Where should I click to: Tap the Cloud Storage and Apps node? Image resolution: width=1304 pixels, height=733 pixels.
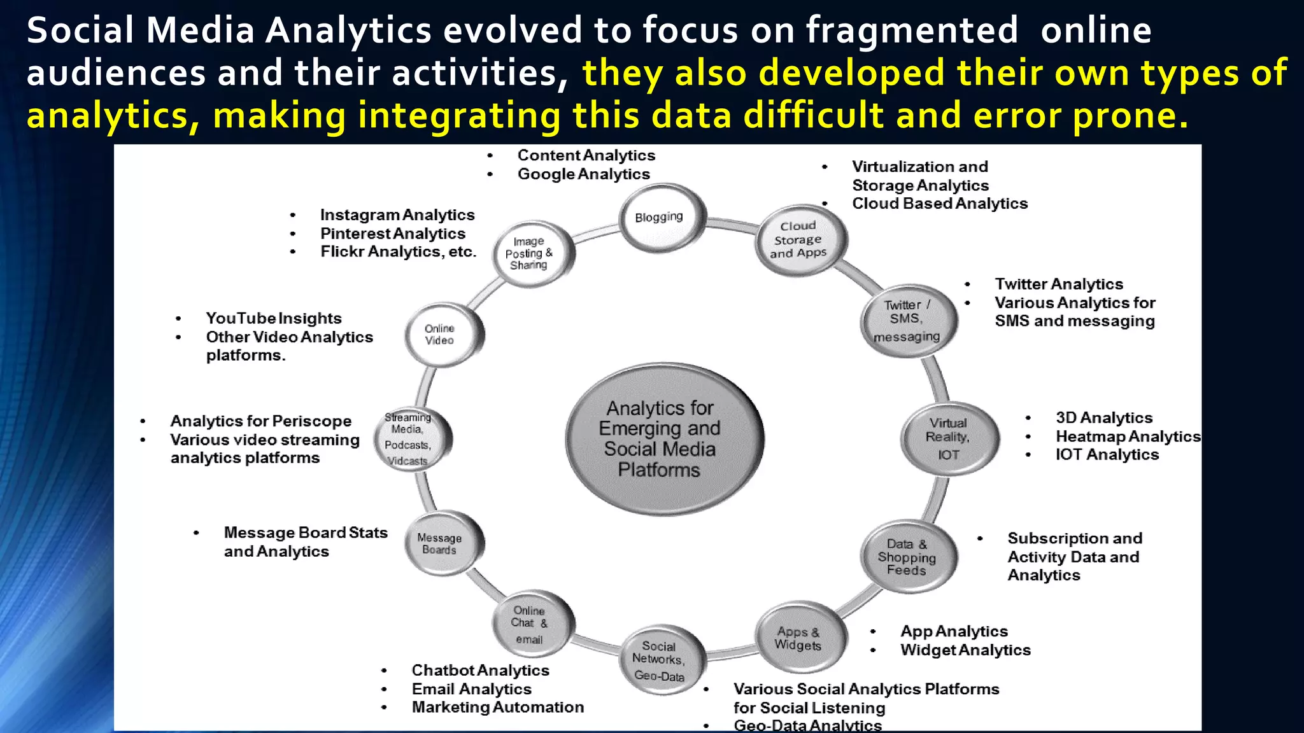[x=799, y=240]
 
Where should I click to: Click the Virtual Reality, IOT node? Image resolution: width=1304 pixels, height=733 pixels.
[x=948, y=438]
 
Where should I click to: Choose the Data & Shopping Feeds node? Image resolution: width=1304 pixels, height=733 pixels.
[x=907, y=557]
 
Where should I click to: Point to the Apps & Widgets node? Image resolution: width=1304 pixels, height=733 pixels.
[x=799, y=638]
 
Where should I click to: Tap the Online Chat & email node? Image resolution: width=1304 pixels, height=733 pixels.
[x=530, y=624]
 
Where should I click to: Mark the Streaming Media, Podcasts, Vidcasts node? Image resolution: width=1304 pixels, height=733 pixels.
[x=409, y=438]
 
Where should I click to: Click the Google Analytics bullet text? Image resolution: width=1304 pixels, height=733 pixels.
[x=583, y=174]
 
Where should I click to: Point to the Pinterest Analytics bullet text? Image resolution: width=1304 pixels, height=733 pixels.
[x=393, y=234]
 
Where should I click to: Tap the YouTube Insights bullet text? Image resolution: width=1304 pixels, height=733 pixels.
[x=274, y=318]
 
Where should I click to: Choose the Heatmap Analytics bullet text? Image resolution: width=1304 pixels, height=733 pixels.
[x=1128, y=436]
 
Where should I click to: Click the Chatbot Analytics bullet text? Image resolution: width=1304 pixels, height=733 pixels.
[x=480, y=671]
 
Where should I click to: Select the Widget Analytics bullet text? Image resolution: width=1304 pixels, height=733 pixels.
[x=965, y=650]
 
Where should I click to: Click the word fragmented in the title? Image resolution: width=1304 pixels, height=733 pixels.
[x=912, y=31]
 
